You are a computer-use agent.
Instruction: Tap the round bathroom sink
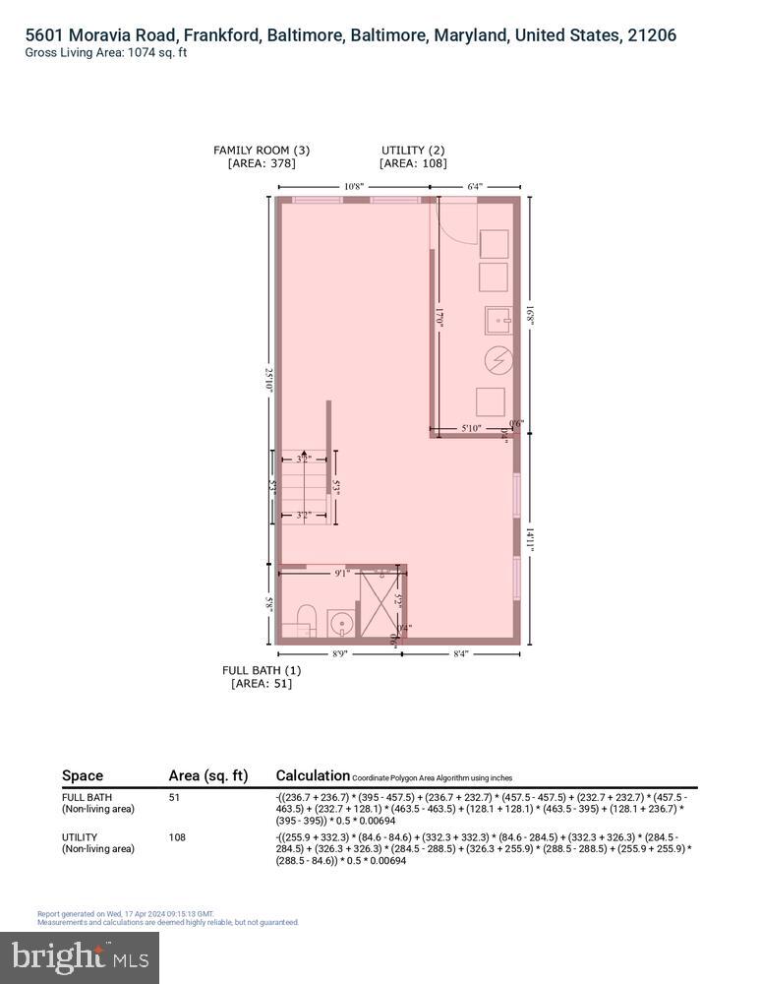340,624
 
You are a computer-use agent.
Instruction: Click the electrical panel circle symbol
498,359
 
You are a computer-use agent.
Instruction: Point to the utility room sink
498,318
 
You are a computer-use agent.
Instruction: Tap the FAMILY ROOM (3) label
262,151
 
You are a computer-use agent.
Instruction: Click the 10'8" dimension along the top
354,186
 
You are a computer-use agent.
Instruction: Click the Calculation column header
313,775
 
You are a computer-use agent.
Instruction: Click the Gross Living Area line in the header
106,53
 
